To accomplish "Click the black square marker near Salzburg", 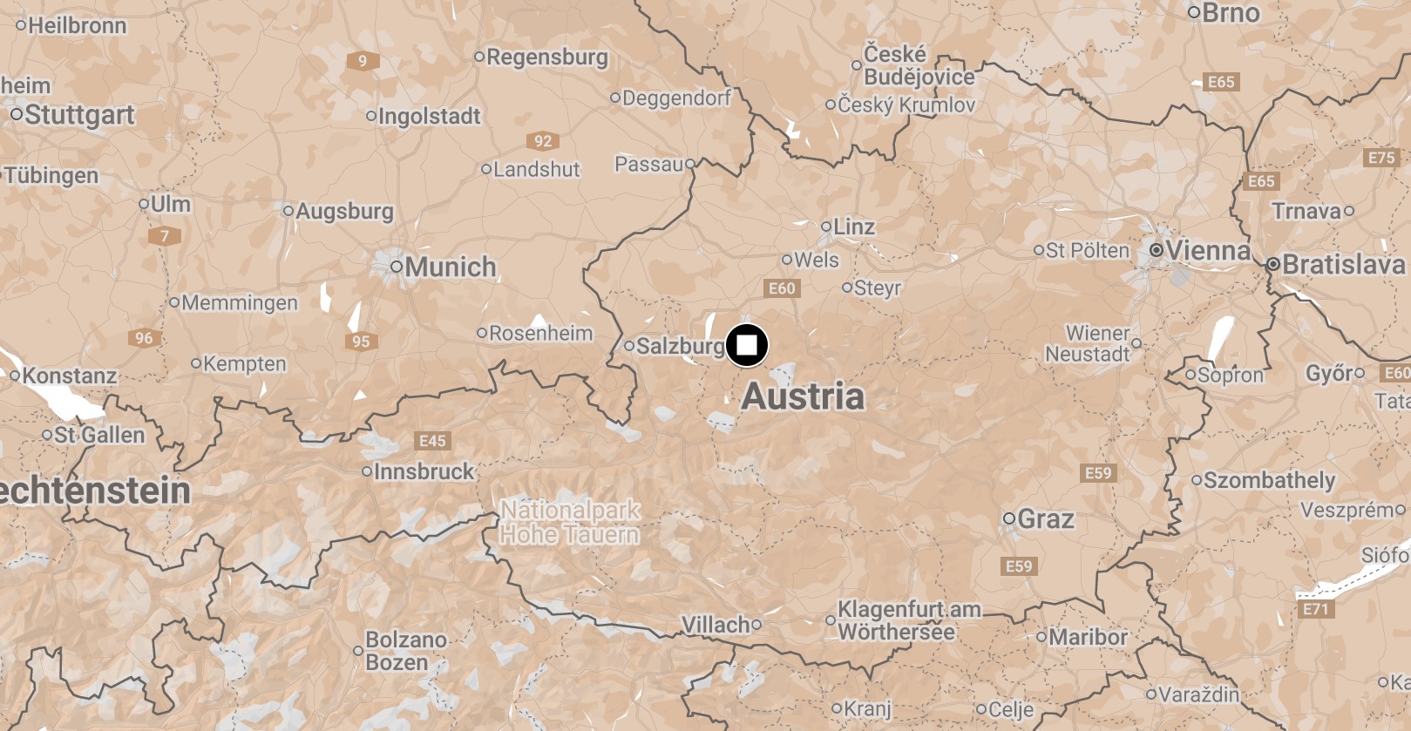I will [747, 345].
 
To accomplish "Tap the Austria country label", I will [803, 396].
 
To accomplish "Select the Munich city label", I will [450, 267].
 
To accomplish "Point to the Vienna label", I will [1207, 251].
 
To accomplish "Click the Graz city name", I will [1045, 519].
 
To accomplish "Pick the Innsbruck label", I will [424, 471].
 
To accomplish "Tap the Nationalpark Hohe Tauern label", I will [570, 522].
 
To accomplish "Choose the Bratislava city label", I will [1343, 264].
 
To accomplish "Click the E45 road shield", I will [432, 441].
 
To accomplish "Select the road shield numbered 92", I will [543, 141].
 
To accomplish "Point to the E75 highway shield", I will [1380, 158].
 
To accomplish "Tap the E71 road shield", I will [1315, 609].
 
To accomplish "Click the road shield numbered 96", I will [144, 338].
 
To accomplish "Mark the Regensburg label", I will [546, 58].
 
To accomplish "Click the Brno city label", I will [1230, 13].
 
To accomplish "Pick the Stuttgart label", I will [79, 115].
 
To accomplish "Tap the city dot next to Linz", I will [825, 227].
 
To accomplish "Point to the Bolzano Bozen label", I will [405, 651].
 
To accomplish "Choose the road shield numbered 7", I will [164, 236].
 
